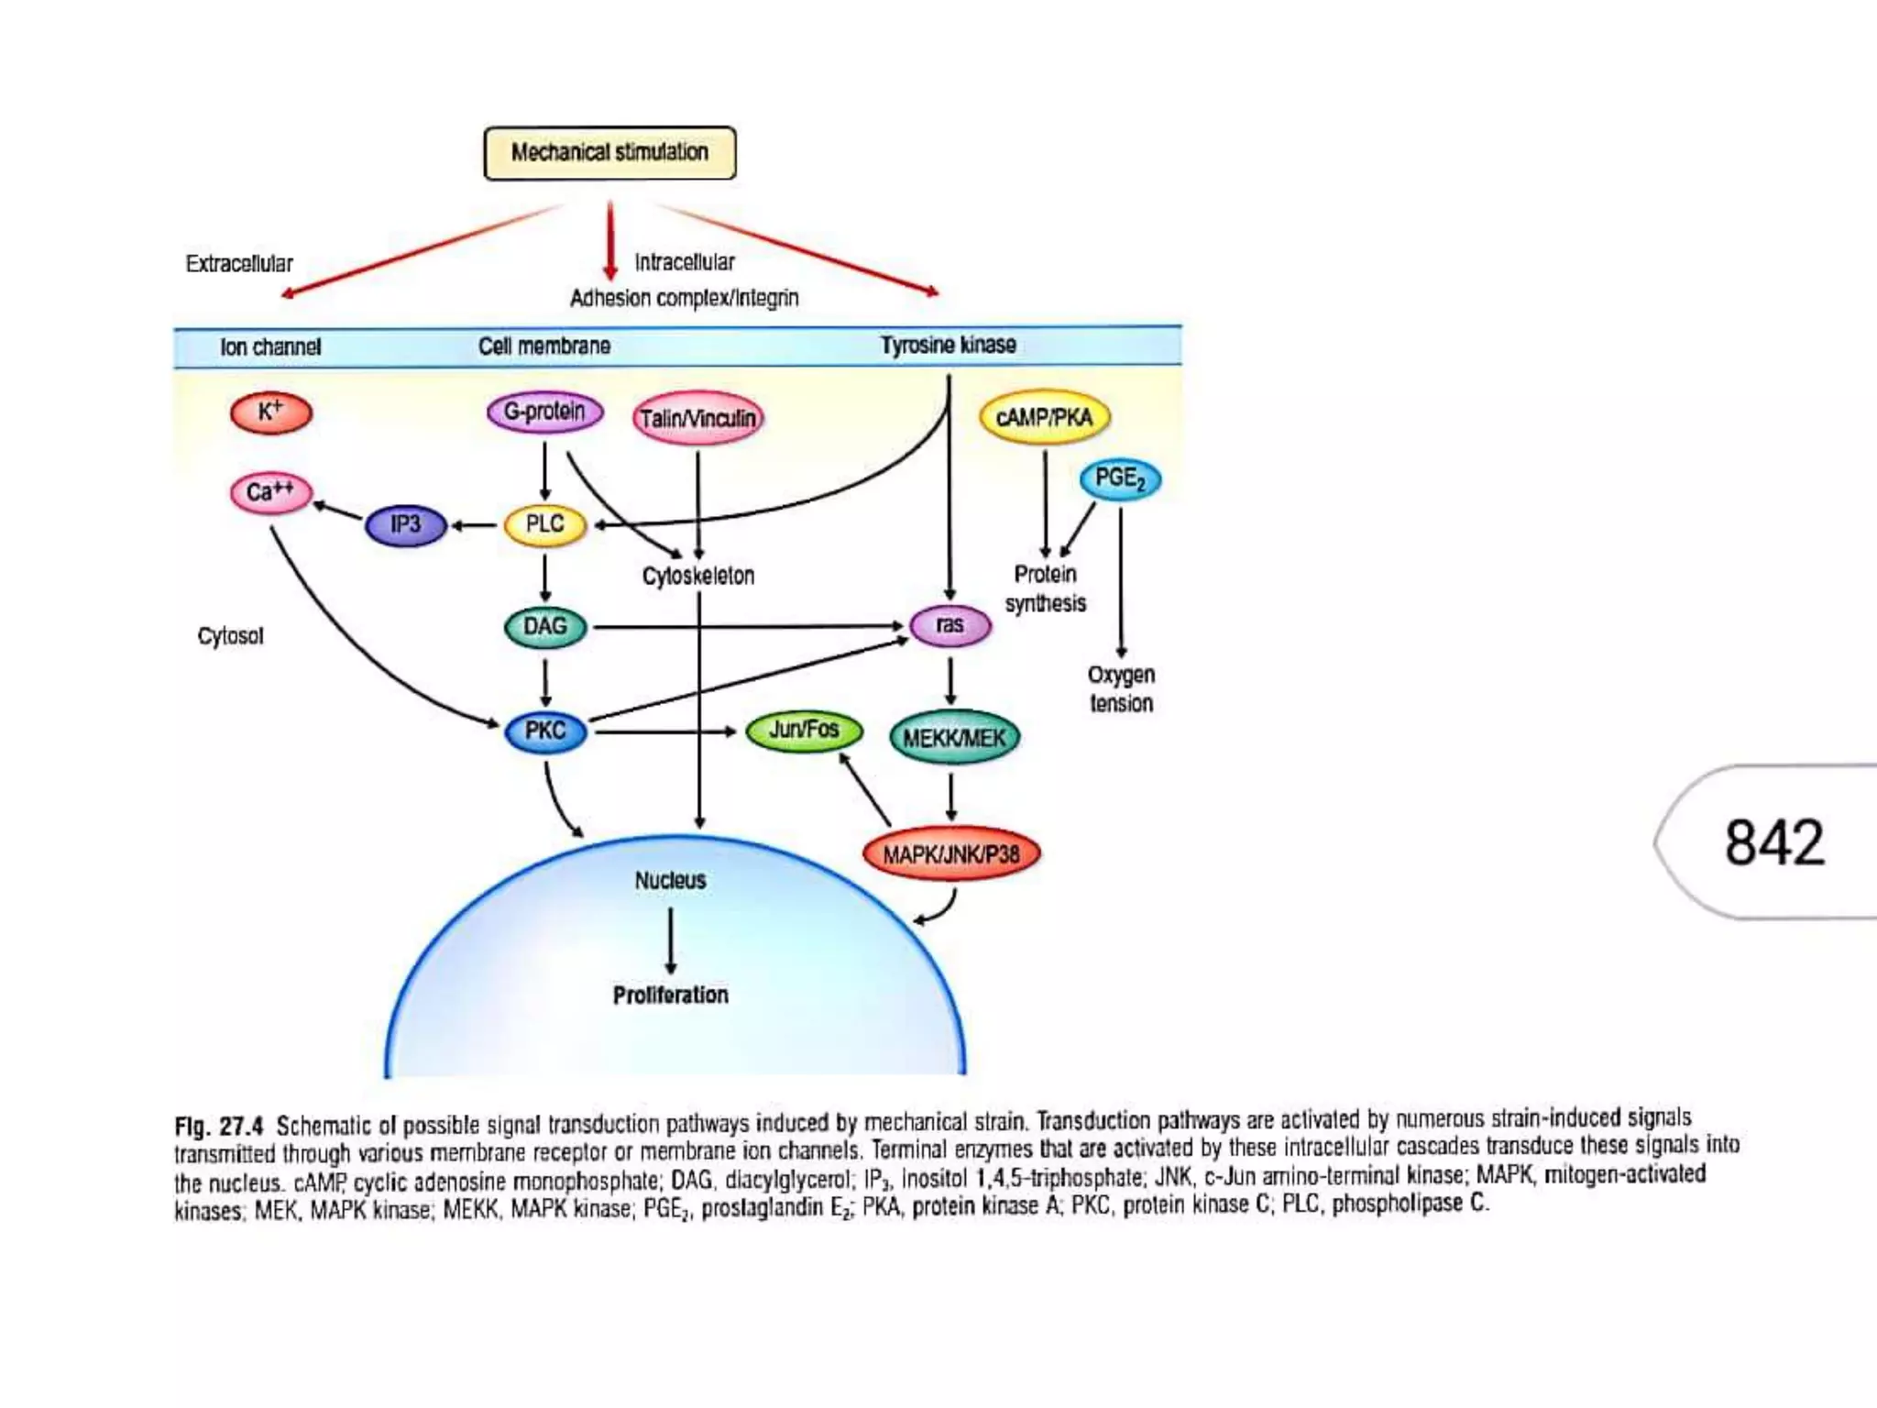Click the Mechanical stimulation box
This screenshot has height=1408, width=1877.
(609, 153)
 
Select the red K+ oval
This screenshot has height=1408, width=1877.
(271, 412)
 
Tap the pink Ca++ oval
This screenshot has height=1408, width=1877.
(271, 492)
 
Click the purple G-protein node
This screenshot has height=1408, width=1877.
(544, 412)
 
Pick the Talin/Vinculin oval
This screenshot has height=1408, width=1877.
(697, 419)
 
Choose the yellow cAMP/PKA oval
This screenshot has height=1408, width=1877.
(1044, 418)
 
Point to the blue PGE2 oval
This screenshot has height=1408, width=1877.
(1120, 479)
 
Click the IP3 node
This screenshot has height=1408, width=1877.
(405, 525)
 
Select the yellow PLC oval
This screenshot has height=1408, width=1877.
(545, 525)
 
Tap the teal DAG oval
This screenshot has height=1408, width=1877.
(545, 627)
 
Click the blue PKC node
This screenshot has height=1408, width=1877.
(545, 731)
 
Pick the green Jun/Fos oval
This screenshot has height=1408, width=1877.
(804, 731)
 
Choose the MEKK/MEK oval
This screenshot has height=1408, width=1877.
(953, 738)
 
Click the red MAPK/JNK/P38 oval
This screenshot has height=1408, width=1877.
(951, 854)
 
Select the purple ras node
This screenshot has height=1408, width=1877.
(949, 626)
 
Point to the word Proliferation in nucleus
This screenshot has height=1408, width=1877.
(670, 995)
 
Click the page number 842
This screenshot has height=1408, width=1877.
(1773, 842)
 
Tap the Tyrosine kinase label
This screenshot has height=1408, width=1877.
(948, 346)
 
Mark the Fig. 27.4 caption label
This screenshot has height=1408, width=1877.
(219, 1126)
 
